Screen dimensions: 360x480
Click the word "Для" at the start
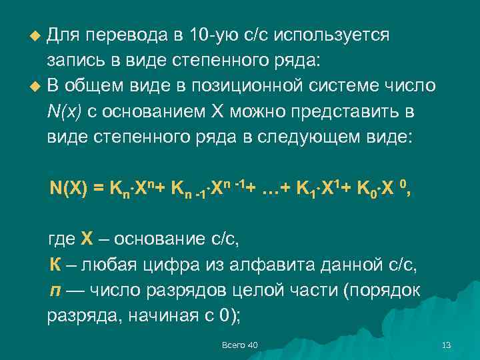click(65, 35)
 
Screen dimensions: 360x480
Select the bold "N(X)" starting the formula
click(69, 188)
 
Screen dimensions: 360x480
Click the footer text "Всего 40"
click(239, 345)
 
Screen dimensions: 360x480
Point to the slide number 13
click(447, 345)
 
